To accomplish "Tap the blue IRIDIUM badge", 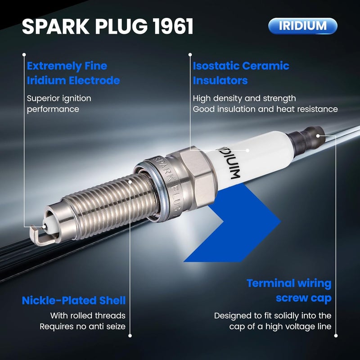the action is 302,26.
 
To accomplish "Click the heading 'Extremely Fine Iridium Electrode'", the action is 73,73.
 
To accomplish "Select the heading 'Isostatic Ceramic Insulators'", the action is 241,73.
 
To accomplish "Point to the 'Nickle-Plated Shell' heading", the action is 74,300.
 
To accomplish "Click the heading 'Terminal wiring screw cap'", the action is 289,291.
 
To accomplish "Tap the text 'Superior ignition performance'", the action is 59,103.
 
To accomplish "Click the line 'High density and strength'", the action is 244,98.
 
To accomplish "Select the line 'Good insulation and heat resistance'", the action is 265,109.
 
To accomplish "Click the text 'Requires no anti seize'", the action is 83,326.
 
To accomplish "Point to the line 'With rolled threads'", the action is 88,315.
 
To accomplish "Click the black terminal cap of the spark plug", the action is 307,140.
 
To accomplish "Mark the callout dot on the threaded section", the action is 130,182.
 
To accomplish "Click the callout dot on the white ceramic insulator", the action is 247,150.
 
